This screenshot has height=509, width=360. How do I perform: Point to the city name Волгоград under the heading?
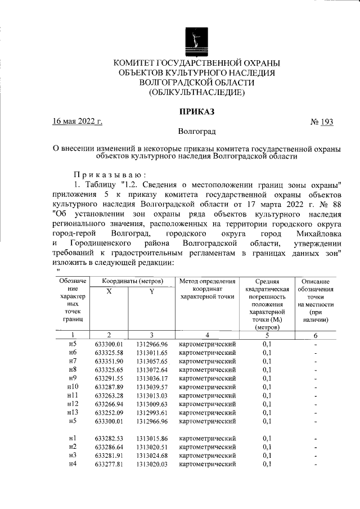pos(197,133)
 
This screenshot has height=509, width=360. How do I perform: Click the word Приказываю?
pos(110,174)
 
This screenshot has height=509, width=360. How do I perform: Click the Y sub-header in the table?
pos(152,291)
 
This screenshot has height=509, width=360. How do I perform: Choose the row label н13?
pos(72,412)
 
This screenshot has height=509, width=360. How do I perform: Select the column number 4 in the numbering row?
pos(207,334)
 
